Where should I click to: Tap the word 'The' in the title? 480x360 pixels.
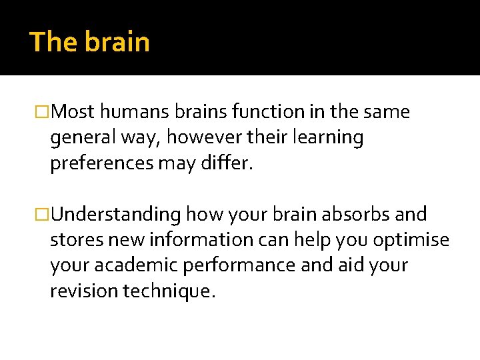[x=54, y=42]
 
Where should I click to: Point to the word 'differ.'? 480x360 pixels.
[x=226, y=163]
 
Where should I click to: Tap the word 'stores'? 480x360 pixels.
[x=73, y=239]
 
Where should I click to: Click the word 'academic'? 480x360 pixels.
[x=128, y=265]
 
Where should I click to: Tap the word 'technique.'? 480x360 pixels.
[x=169, y=291]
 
